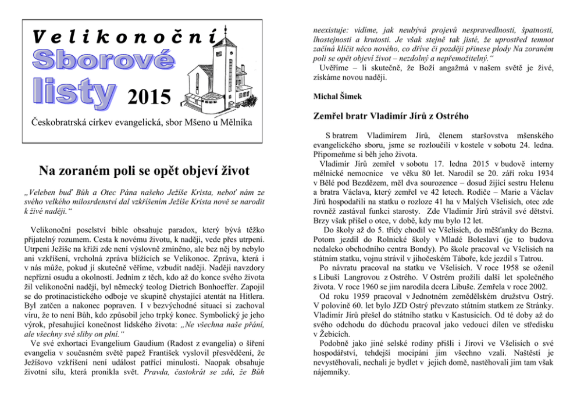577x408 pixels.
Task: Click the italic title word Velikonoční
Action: (x=125, y=37)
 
